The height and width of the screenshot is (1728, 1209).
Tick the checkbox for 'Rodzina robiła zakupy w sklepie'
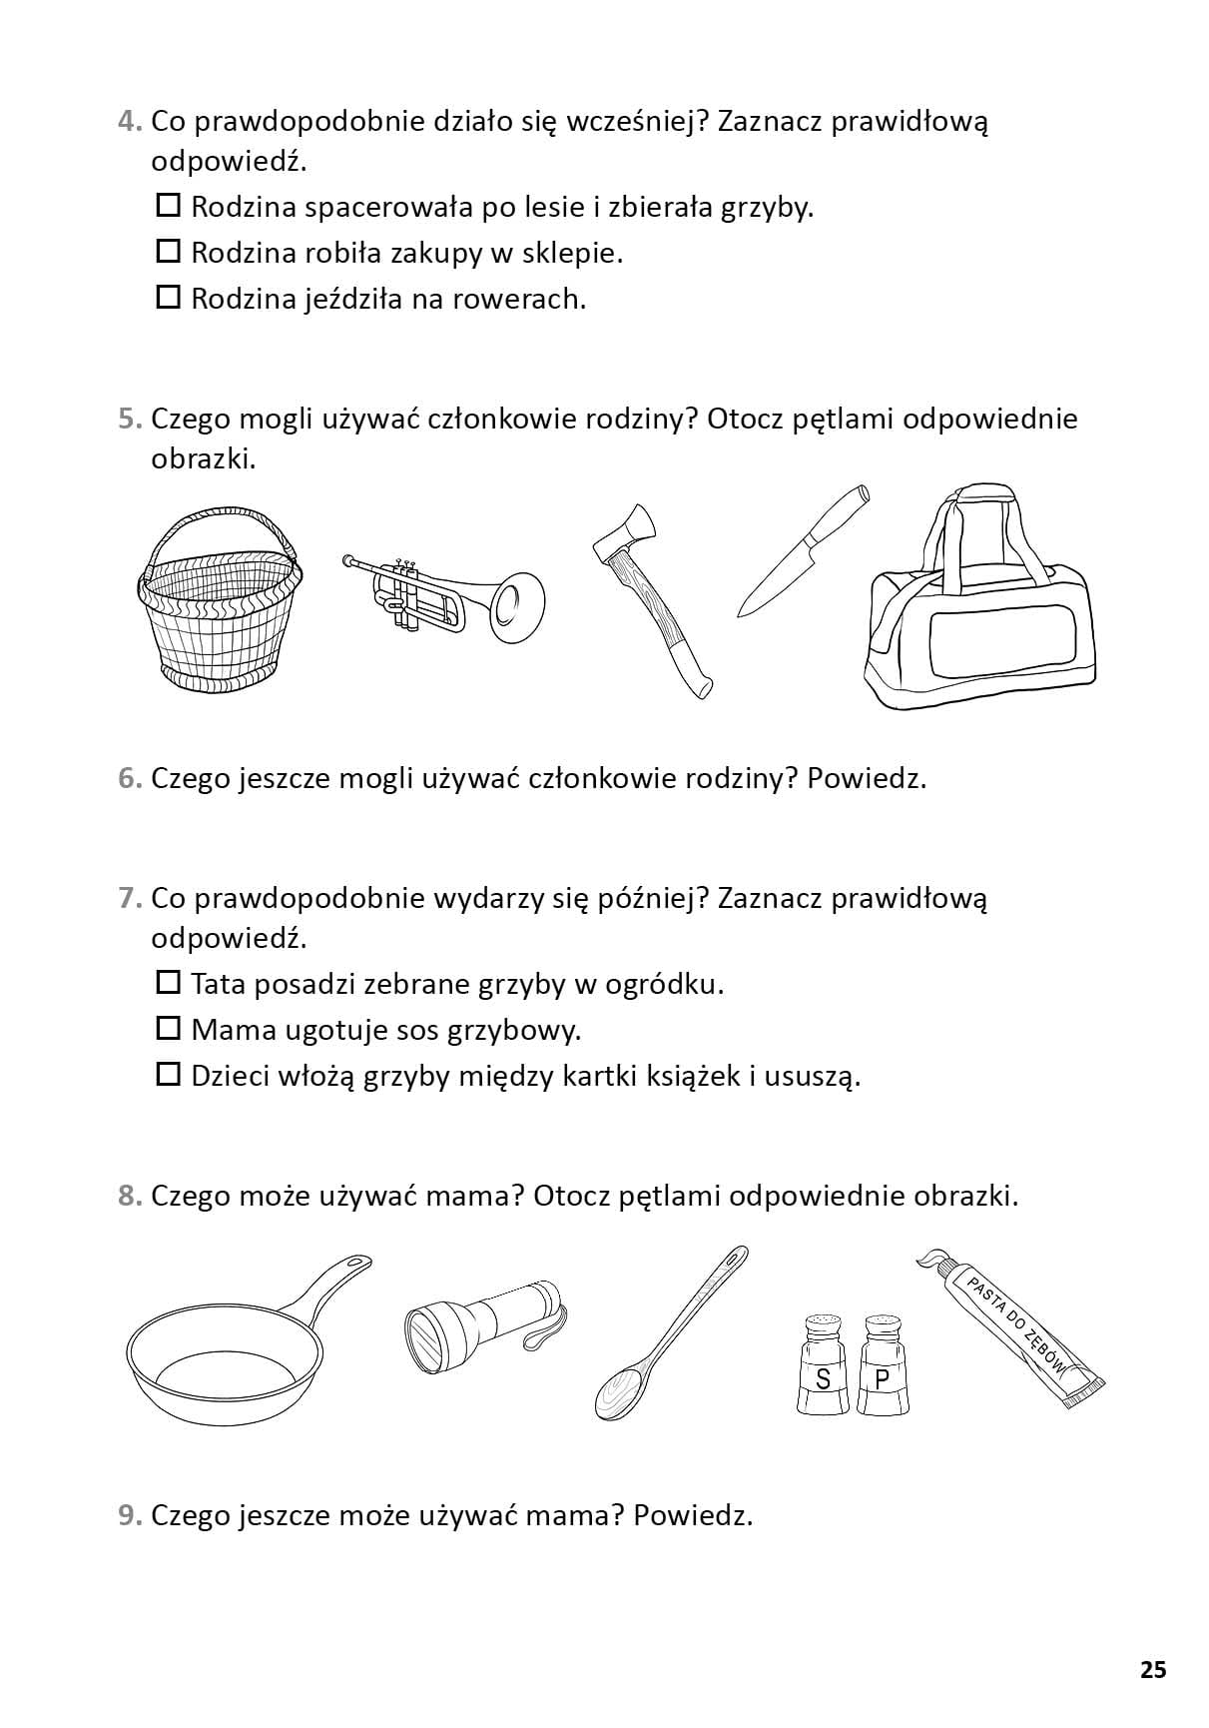tap(168, 252)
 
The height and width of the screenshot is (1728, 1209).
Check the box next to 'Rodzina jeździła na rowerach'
tap(168, 298)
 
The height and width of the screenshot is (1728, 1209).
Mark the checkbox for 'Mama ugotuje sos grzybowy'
tap(168, 1029)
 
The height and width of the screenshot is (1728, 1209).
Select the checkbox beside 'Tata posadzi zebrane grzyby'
tap(168, 983)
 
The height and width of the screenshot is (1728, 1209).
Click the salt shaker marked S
tap(823, 1365)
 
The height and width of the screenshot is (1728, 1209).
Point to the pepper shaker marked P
tap(882, 1365)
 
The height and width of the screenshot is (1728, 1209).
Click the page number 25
tap(1153, 1669)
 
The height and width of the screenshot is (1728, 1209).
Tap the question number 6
tap(129, 778)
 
